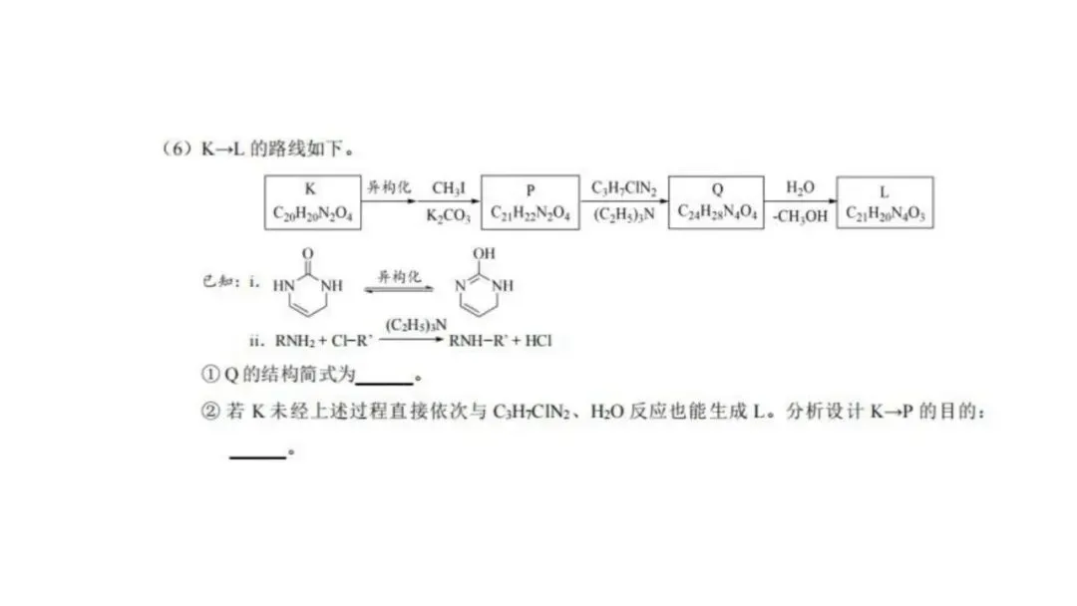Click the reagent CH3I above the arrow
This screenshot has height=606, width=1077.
[449, 188]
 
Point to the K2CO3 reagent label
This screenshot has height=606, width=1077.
[449, 216]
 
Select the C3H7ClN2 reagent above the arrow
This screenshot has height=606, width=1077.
[623, 188]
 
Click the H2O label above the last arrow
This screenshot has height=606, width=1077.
[800, 188]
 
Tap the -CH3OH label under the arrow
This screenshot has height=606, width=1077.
[800, 216]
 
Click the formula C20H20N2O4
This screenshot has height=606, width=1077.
[312, 213]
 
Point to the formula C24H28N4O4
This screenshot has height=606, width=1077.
[717, 212]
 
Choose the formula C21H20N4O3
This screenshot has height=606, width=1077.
[886, 214]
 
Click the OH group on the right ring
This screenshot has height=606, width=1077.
[484, 253]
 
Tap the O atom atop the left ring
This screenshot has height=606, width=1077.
[308, 254]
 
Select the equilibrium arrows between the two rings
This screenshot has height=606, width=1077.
[399, 289]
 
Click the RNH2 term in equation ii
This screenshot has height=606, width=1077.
[295, 341]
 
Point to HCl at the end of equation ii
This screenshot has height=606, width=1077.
[538, 341]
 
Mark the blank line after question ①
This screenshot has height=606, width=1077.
[384, 383]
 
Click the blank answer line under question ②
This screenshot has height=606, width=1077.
[257, 457]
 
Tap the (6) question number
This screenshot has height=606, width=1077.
[178, 149]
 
